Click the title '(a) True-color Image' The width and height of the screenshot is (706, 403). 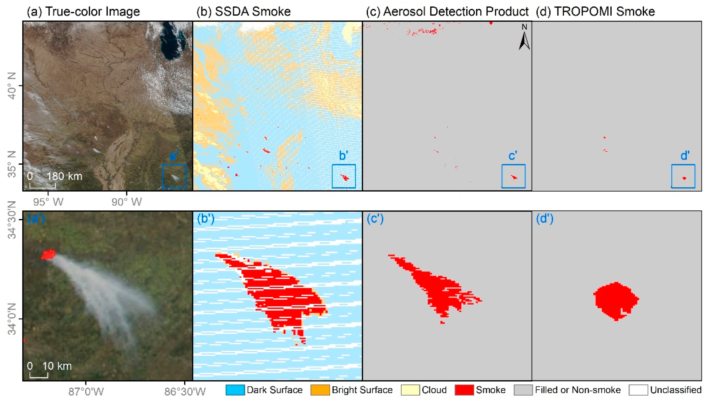click(x=83, y=12)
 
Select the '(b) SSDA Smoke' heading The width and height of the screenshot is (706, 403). click(x=243, y=12)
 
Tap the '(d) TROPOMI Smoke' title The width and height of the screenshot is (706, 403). click(x=595, y=12)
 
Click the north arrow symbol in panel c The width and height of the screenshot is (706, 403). click(x=524, y=37)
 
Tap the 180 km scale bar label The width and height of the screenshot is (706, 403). click(x=64, y=176)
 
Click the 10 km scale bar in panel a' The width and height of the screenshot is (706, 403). click(x=39, y=376)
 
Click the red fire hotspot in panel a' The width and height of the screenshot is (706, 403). click(x=48, y=254)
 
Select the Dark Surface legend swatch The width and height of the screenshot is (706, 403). click(x=235, y=390)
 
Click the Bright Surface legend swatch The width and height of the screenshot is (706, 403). click(x=320, y=390)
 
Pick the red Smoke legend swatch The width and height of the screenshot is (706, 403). click(x=464, y=390)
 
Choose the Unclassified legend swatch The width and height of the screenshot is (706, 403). click(x=638, y=390)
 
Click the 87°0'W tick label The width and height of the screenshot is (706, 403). click(x=86, y=392)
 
